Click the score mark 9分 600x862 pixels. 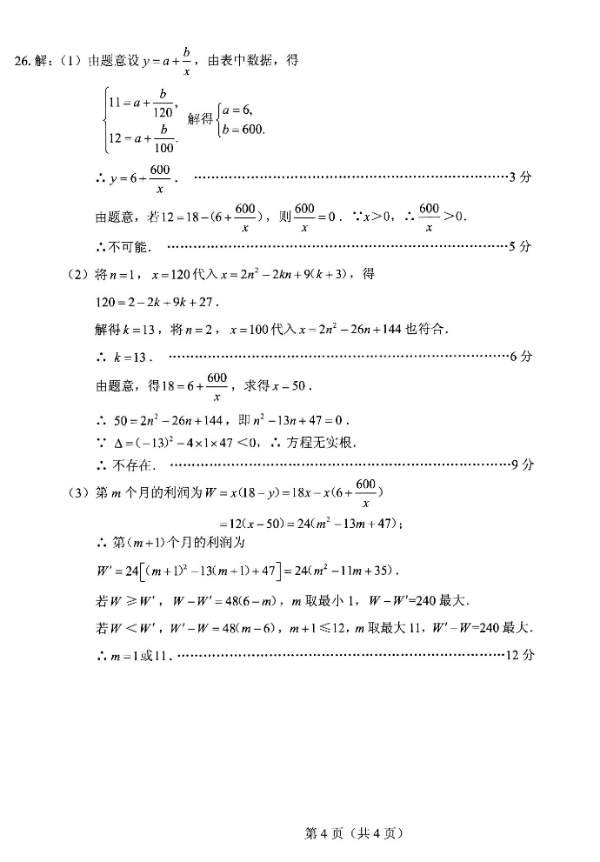coord(521,464)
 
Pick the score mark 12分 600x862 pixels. coord(518,655)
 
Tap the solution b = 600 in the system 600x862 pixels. coord(243,130)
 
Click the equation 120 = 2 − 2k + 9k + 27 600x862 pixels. coord(157,303)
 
